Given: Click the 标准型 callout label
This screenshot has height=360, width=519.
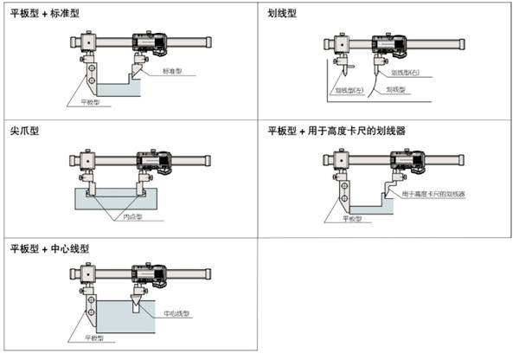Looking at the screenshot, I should click(x=173, y=72).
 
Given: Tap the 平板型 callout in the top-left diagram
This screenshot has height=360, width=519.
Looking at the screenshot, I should click(x=81, y=102).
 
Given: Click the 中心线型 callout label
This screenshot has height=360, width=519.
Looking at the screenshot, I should click(x=176, y=312).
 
